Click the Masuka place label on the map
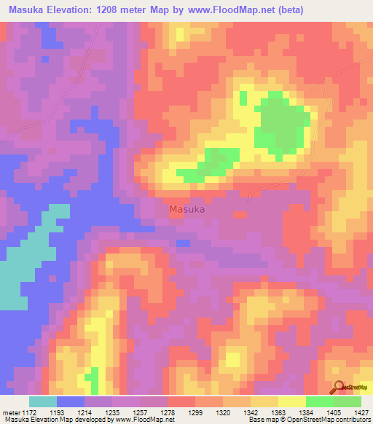[187, 209]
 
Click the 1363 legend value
[278, 412]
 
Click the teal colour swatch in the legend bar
[43, 401]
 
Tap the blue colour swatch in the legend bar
[71, 401]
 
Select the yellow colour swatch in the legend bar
[291, 401]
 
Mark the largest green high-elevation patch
[280, 120]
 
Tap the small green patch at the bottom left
[91, 379]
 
